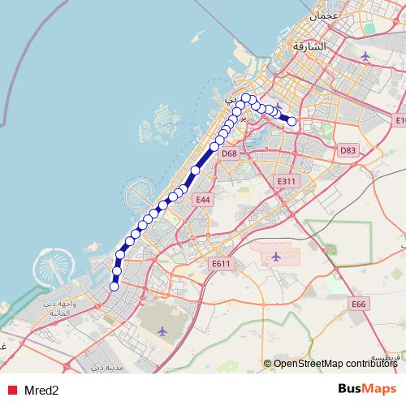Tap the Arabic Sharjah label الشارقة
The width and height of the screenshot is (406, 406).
pos(312,46)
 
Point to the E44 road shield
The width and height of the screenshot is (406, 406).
pos(203,199)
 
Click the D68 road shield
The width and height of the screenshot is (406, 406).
pos(229,153)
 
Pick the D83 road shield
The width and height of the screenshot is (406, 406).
pos(348,150)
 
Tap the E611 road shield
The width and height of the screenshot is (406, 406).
pos(221,263)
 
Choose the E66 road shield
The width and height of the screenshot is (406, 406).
pos(359,304)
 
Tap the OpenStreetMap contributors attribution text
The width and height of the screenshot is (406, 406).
pos(335,364)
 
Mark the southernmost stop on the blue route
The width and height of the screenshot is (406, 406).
pos(114,286)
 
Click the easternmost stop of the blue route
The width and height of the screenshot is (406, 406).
pos(292,122)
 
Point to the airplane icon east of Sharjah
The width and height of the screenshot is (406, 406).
pos(365,57)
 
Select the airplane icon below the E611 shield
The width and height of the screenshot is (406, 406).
pos(276,257)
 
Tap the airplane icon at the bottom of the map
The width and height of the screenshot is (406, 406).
pos(162,330)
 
